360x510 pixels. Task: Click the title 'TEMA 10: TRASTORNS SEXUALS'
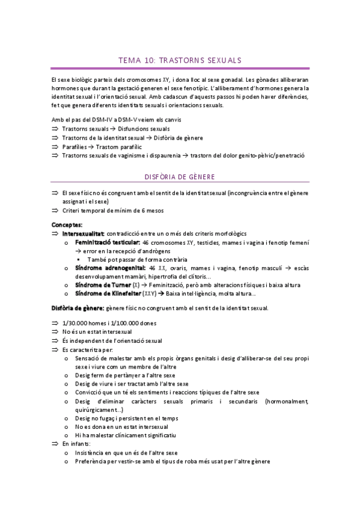[x=180, y=61]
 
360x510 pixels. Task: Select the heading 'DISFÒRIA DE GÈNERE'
[x=180, y=177]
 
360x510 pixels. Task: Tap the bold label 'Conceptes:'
[x=67, y=224]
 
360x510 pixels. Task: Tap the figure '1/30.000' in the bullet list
[x=75, y=324]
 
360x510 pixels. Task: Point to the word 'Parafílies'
[x=75, y=146]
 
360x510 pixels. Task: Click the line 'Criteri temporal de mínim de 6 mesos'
[x=112, y=210]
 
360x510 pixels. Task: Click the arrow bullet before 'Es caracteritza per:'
[x=55, y=349]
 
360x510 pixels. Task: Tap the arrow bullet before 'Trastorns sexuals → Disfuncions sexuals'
[x=55, y=129]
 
